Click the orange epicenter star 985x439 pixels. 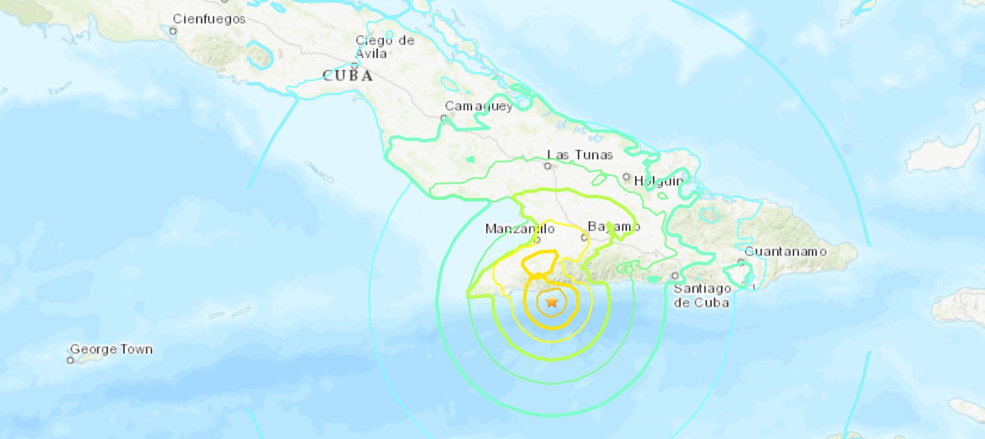point(552,302)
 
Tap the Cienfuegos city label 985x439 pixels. point(209,19)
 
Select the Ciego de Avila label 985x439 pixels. point(384,46)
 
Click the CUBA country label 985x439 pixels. point(347,76)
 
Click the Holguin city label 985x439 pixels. point(659,181)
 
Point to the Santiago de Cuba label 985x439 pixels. point(702,295)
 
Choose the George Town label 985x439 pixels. point(111,350)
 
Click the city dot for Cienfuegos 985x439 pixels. point(173,31)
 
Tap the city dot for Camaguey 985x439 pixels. point(444,118)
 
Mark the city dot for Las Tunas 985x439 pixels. point(547,166)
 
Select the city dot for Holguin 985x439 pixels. point(627,177)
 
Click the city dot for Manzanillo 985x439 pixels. point(537,240)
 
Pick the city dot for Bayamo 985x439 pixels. point(584,238)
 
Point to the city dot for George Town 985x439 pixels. point(70,360)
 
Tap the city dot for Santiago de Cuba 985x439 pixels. point(674,276)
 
